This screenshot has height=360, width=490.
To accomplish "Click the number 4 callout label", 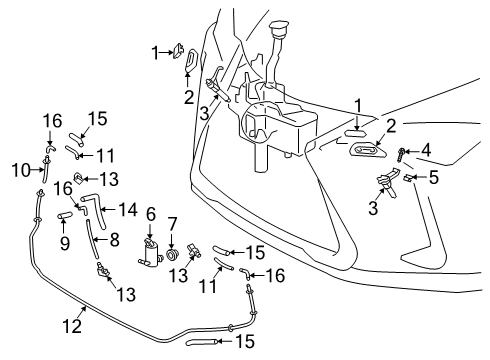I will click(425, 151).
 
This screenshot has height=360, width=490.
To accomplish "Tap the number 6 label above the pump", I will click(151, 213).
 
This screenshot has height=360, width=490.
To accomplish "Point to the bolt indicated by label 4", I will click(400, 153).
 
